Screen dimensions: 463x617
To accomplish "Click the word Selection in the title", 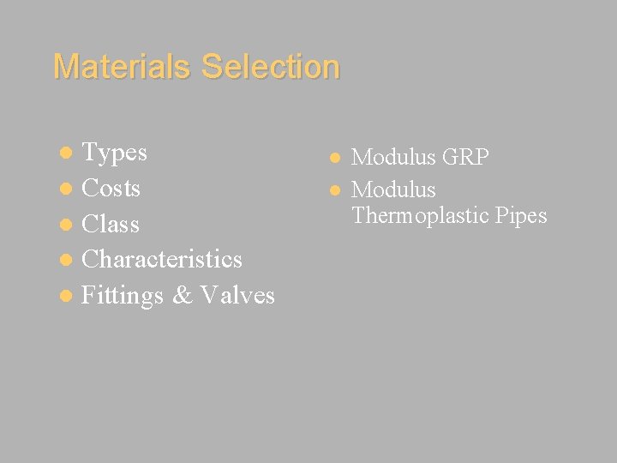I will pyautogui.click(x=271, y=66).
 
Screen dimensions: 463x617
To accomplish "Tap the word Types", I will pyautogui.click(x=114, y=153).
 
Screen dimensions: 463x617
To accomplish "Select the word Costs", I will pyautogui.click(x=111, y=188).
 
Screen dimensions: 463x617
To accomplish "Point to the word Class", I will pyautogui.click(x=110, y=224).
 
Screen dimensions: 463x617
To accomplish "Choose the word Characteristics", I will pyautogui.click(x=162, y=259).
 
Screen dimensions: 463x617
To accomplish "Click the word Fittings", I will pyautogui.click(x=122, y=296).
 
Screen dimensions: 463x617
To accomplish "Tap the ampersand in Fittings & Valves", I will pyautogui.click(x=183, y=296).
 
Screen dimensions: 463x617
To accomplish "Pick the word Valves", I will pyautogui.click(x=237, y=296).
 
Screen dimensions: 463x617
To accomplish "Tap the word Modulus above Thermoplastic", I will pyautogui.click(x=393, y=189).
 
